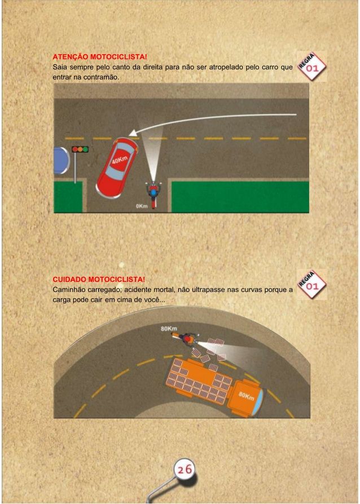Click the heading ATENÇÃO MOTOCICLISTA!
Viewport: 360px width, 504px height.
[x=100, y=57]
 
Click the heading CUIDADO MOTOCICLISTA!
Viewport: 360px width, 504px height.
[x=99, y=279]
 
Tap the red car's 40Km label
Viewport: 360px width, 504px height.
[x=120, y=159]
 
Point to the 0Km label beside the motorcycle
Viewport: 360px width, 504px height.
[x=142, y=206]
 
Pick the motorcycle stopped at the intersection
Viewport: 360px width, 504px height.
[x=153, y=194]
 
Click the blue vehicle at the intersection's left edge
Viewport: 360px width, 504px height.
[x=62, y=161]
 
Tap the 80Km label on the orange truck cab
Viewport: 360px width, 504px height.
[x=246, y=396]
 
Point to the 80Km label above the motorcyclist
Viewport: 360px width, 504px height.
[x=169, y=329]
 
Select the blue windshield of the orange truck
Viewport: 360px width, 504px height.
[x=260, y=400]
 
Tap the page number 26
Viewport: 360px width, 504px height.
[x=185, y=469]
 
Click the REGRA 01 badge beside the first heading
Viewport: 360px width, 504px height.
[x=311, y=67]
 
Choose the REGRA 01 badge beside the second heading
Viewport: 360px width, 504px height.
[x=311, y=285]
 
